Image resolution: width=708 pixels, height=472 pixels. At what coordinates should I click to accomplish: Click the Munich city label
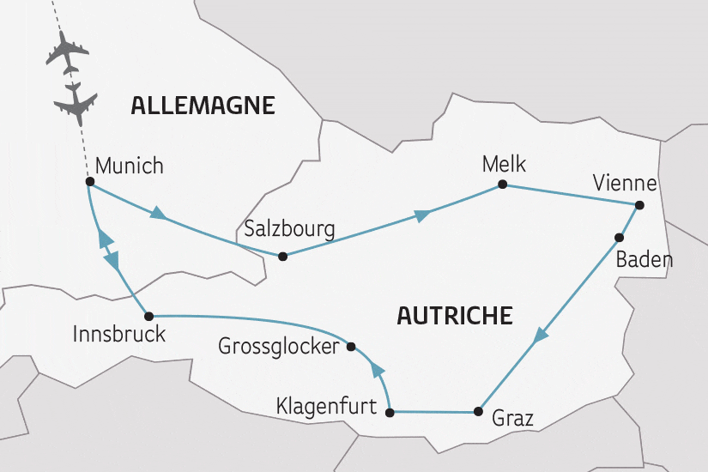[129, 166]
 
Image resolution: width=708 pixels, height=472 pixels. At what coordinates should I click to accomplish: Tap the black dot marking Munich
[89, 182]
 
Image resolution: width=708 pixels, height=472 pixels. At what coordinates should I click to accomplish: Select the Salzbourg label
[289, 229]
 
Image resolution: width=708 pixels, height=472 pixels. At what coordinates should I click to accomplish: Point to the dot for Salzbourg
[281, 256]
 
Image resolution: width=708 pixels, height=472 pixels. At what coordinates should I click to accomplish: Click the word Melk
[503, 164]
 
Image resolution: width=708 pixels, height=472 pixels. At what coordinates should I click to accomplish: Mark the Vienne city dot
[638, 205]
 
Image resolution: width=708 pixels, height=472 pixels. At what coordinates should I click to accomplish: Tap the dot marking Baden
[618, 236]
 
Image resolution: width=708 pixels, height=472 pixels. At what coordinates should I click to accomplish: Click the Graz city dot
[477, 413]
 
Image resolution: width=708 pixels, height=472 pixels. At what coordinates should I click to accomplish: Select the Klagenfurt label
[326, 407]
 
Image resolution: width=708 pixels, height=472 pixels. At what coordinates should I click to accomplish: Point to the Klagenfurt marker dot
[390, 413]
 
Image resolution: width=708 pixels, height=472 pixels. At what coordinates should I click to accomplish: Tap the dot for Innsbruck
[148, 315]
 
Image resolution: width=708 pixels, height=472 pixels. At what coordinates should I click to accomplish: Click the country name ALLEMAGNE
[203, 106]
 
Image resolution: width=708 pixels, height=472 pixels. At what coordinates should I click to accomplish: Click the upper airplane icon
[65, 53]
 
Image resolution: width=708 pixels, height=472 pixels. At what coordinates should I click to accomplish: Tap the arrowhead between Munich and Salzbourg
[157, 212]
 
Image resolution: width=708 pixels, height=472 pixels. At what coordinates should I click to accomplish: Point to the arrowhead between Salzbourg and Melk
[421, 215]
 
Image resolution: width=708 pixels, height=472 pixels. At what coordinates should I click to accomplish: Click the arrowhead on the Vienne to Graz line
[539, 337]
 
